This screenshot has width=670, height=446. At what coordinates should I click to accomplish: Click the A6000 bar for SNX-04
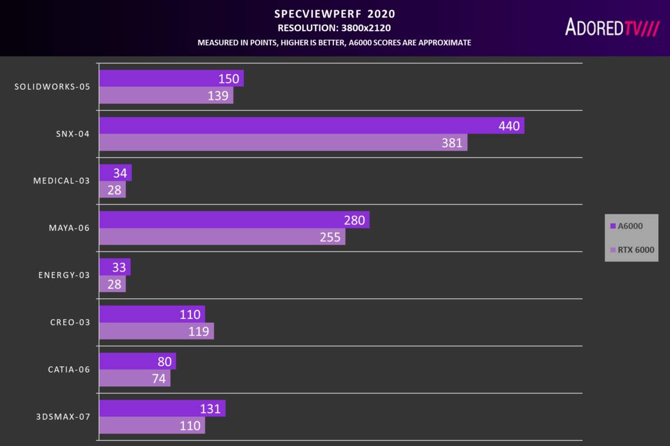311,126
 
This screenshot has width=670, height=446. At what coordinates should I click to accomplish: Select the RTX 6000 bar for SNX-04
283,143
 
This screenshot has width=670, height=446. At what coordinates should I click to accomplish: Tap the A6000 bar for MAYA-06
234,220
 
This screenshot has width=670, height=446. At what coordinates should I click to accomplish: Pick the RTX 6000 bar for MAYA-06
222,237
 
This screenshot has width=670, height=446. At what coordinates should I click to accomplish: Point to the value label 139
218,96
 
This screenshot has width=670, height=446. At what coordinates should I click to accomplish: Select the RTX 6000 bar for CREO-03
156,331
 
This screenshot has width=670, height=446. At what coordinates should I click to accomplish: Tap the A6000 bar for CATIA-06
137,361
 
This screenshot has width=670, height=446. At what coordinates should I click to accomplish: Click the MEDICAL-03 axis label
61,181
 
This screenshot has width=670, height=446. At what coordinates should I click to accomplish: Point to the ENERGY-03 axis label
64,275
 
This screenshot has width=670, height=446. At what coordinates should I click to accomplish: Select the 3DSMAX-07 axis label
63,416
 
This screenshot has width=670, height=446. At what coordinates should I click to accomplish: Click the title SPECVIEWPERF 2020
334,13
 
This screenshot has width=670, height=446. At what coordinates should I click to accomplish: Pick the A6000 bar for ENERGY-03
114,267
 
